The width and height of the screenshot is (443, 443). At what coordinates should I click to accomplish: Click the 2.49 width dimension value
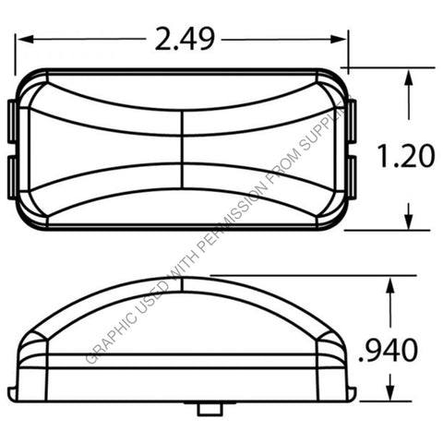(x=185, y=38)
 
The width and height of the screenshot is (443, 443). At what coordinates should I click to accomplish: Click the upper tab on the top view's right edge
(x=354, y=117)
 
